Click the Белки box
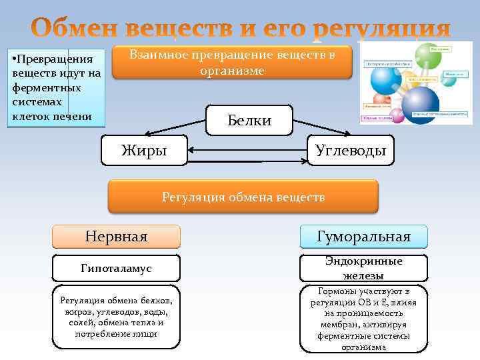(x=249, y=121)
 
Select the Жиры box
(x=143, y=151)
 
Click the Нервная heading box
(x=117, y=237)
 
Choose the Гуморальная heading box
(x=363, y=237)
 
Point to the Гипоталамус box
(x=117, y=268)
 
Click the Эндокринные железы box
(x=363, y=268)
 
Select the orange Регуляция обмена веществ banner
(x=243, y=197)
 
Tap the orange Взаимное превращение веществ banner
(x=232, y=63)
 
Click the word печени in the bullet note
(x=73, y=115)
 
